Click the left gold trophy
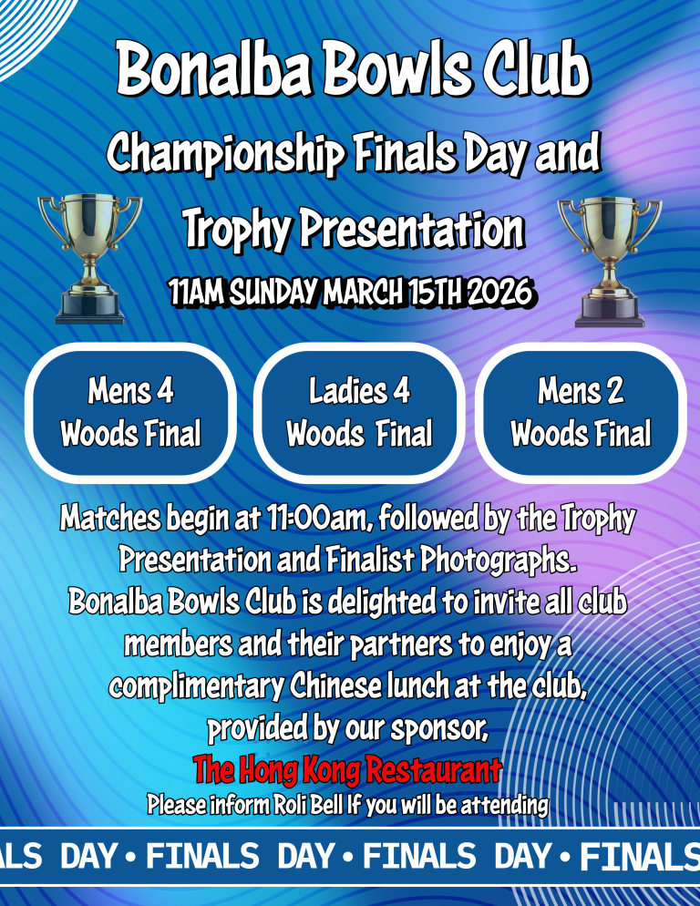click(x=89, y=259)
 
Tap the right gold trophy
click(x=609, y=262)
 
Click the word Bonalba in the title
click(x=214, y=68)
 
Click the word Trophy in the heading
click(x=236, y=230)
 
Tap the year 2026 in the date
click(x=499, y=292)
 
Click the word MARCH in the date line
click(x=363, y=292)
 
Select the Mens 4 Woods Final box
click(x=130, y=413)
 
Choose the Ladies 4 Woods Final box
click(x=359, y=413)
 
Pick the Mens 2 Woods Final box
click(x=581, y=413)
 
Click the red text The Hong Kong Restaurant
click(x=347, y=769)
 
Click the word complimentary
click(x=197, y=687)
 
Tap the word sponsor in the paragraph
click(x=439, y=729)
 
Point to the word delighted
click(x=383, y=602)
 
